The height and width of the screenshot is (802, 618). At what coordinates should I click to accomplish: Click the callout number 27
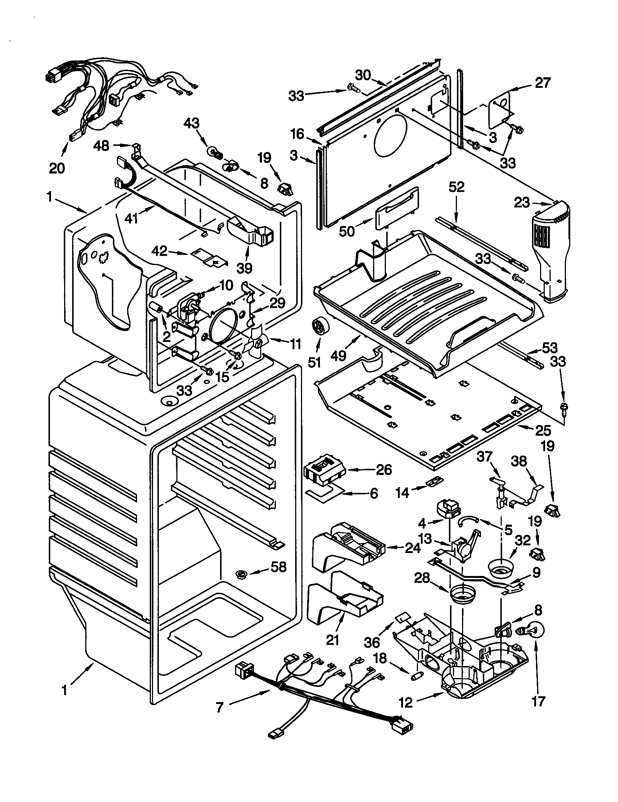[543, 83]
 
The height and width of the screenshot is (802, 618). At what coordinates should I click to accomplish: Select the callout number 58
[278, 567]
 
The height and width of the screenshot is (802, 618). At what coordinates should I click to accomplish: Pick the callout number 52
[456, 187]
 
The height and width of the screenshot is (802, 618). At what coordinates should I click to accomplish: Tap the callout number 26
[384, 470]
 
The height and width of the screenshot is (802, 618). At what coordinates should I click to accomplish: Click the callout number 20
[56, 168]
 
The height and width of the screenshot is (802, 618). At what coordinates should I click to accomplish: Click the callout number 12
[406, 702]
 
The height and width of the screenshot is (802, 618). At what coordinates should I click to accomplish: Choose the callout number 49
[338, 355]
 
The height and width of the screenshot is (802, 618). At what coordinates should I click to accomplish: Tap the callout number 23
[522, 202]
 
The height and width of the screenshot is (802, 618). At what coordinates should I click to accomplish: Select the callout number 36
[372, 642]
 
